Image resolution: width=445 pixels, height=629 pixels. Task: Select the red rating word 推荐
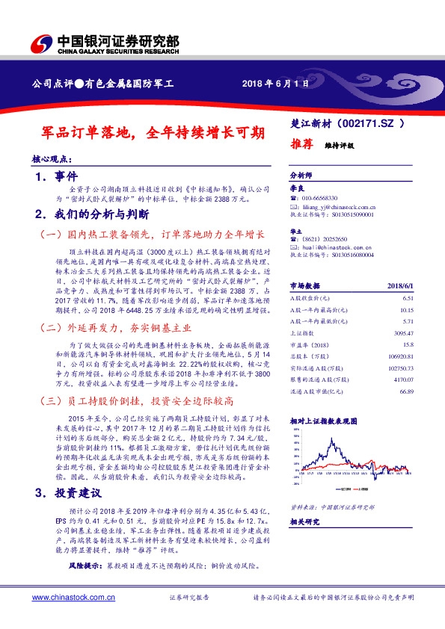tap(301, 144)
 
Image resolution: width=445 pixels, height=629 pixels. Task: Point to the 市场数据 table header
tap(304, 285)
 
